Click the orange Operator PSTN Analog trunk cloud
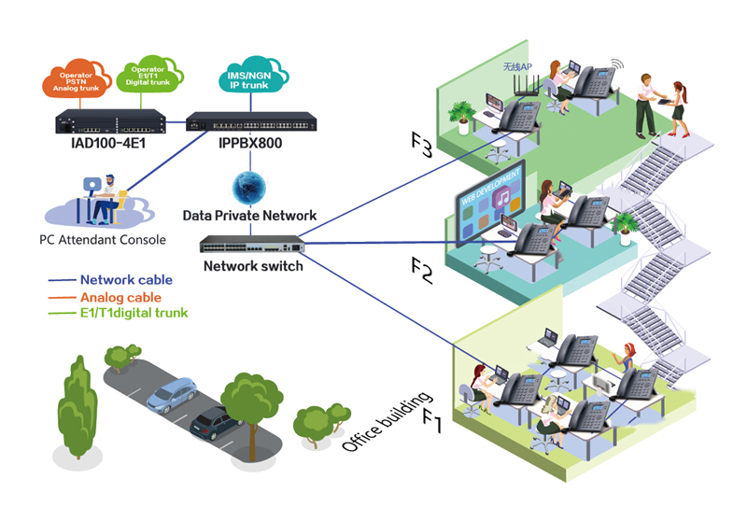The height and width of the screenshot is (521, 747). (70, 81)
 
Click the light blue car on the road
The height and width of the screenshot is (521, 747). (171, 395)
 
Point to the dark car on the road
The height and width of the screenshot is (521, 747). (215, 423)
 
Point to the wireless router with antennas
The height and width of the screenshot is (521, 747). (528, 80)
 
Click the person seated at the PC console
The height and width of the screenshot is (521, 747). (106, 197)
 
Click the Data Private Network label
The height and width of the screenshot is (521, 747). (249, 216)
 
